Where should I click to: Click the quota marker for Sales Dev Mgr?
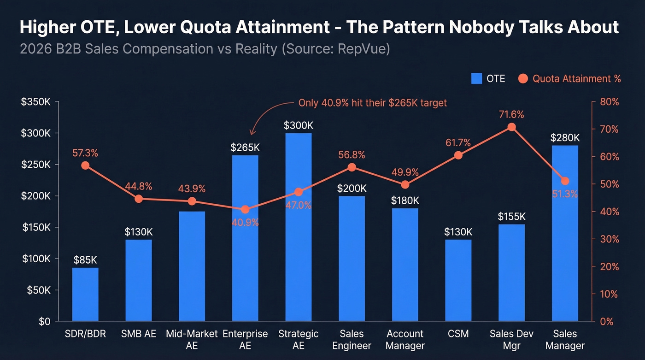pos(511,127)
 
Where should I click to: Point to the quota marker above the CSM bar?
pos(458,155)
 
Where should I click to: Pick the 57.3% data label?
pos(85,153)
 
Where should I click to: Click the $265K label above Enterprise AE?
pos(245,148)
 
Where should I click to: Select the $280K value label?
pos(565,138)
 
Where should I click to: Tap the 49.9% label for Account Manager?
pos(405,172)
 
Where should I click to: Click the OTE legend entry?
pos(488,79)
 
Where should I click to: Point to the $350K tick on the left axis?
pos(35,102)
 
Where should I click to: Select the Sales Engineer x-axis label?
pos(352,339)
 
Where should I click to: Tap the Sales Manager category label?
pos(565,339)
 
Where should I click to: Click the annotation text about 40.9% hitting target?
pos(372,103)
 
